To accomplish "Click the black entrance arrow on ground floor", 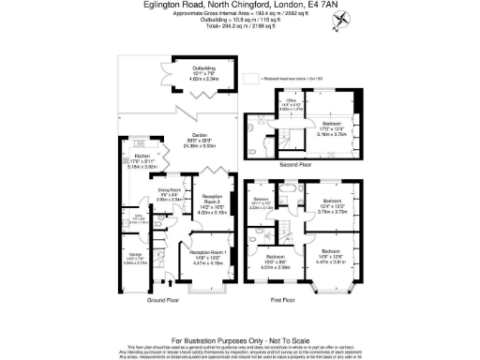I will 169,281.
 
